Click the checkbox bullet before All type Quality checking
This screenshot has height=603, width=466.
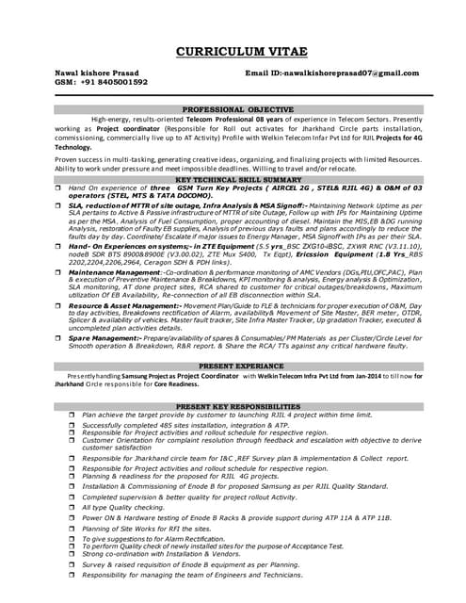click(x=72, y=507)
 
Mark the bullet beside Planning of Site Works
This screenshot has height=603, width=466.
click(x=72, y=529)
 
